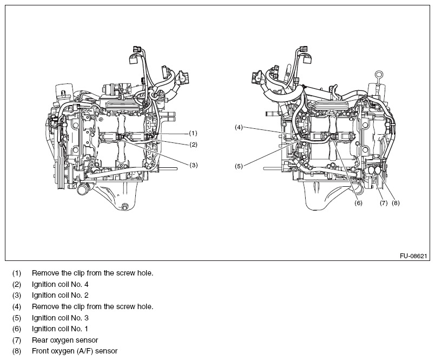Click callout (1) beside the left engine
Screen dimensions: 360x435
(x=193, y=133)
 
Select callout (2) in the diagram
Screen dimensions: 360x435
(x=193, y=145)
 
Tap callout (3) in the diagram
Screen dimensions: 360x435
(x=193, y=165)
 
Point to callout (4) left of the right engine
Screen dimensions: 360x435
(x=239, y=127)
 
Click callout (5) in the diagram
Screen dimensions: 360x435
(x=239, y=166)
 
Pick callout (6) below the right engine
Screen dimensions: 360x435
(x=358, y=204)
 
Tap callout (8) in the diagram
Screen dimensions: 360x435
(x=396, y=204)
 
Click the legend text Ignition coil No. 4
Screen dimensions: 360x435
(x=60, y=284)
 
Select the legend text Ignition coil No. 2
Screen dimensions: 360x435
(x=60, y=296)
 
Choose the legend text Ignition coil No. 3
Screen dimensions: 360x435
(x=60, y=318)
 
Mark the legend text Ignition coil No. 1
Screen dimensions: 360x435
(x=60, y=329)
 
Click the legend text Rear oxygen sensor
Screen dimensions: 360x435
(x=65, y=340)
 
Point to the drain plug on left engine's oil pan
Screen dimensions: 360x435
(x=126, y=206)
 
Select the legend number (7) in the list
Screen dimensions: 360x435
(x=17, y=340)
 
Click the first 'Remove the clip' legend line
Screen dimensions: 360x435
(x=93, y=273)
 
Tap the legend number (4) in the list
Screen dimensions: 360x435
(x=17, y=306)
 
